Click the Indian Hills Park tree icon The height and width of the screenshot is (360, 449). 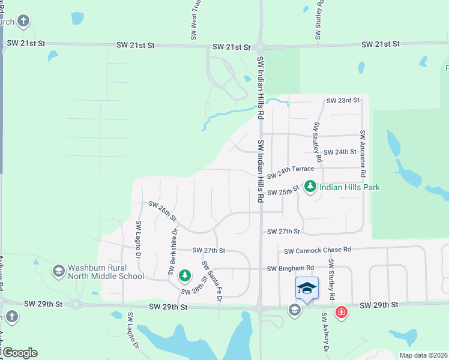(310, 187)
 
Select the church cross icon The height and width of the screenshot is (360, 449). (23, 22)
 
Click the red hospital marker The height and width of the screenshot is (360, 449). (342, 313)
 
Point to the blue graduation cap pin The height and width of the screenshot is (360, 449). (307, 289)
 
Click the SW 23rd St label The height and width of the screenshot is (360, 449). (342, 100)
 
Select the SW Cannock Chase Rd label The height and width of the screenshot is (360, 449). (317, 250)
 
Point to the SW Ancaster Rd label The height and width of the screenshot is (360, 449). (363, 153)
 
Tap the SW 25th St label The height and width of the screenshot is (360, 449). (283, 192)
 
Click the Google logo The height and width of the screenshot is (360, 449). (19, 352)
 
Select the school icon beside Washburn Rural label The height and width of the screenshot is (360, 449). (59, 271)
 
